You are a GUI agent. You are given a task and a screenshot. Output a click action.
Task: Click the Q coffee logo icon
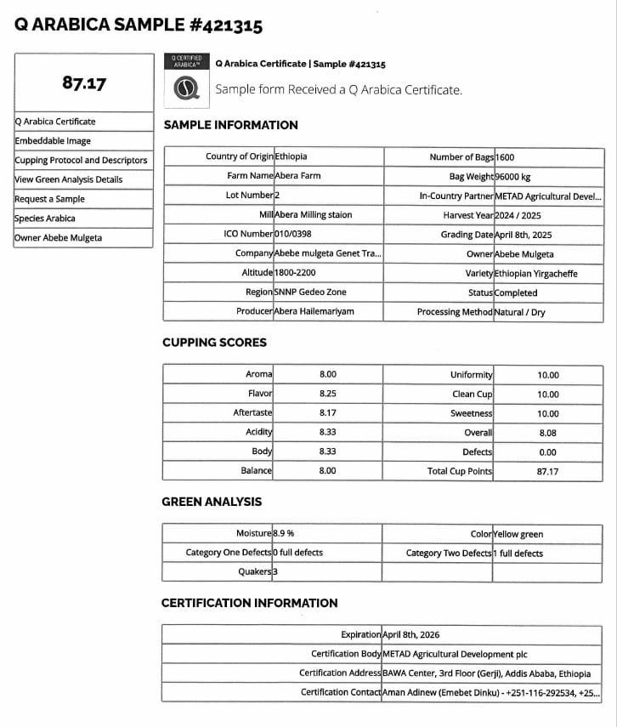coord(186,88)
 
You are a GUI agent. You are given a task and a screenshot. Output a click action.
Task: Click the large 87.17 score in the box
coord(84,83)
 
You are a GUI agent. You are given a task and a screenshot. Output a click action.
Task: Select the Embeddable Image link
coord(53,141)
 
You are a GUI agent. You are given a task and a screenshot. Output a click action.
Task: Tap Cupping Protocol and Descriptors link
coord(81,160)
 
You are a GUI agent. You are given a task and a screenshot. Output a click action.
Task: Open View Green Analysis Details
coord(69,179)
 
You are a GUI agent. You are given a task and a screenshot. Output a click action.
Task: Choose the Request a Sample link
coord(50,199)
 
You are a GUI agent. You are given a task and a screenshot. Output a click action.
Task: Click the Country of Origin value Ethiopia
coord(291,156)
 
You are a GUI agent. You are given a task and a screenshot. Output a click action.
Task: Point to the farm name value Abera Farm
coord(297,175)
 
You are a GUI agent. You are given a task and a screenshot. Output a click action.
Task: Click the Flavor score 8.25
coord(327,394)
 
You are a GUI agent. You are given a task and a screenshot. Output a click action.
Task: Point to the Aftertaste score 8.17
coord(327,413)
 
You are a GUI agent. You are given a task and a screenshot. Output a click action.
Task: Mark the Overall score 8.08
coord(547,433)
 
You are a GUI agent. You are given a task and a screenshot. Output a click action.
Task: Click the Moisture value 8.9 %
coord(283,533)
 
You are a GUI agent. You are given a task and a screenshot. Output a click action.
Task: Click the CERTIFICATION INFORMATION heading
coord(249,603)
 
